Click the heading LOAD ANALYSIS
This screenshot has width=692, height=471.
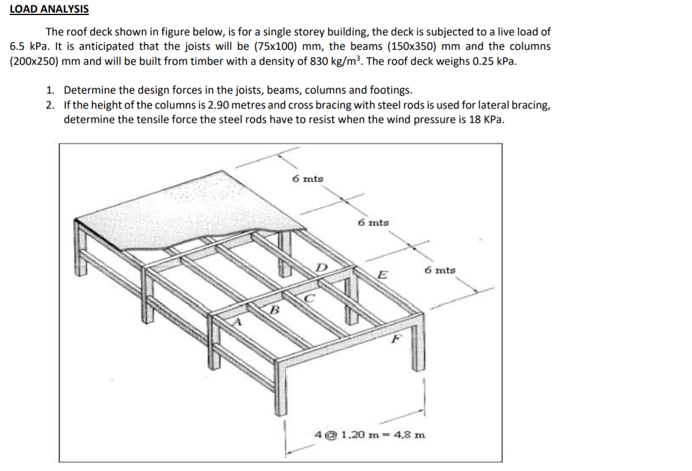pos(49,9)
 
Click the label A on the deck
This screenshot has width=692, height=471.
pos(238,322)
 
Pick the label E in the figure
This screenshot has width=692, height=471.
pos(381,275)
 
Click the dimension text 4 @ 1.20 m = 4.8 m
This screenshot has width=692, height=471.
pos(371,433)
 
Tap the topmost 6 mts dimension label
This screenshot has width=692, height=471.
pos(307,179)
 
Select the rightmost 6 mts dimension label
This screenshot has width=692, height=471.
pos(440,270)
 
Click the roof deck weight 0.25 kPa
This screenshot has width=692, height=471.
pos(493,61)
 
